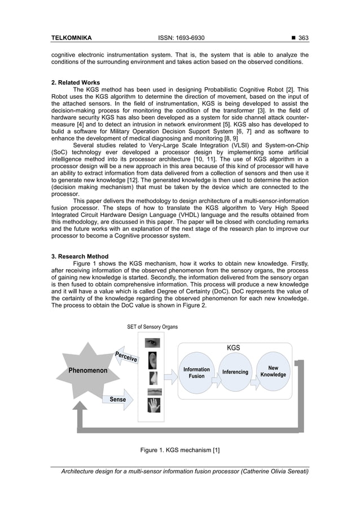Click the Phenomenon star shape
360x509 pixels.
[x=87, y=371]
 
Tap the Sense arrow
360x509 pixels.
[x=118, y=399]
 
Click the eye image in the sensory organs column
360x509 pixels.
[x=153, y=343]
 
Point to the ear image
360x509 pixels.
[x=153, y=361]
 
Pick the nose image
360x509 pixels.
[x=153, y=378]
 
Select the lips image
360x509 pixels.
[x=153, y=392]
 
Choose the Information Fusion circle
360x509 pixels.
[x=196, y=372]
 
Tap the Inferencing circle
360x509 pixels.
[x=235, y=372]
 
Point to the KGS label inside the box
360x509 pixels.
[x=233, y=348]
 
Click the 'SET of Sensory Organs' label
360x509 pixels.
[x=152, y=327]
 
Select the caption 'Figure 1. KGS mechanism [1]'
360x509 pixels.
[x=179, y=450]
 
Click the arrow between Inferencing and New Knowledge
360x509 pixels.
[x=254, y=383]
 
